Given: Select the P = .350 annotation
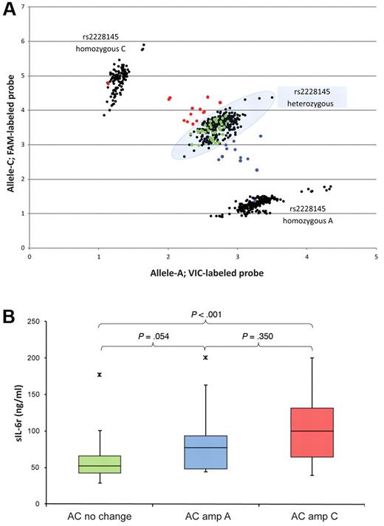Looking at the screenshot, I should pos(258,337).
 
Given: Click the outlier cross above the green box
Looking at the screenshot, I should pos(99,375).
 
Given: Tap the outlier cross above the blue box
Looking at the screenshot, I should pos(205,358).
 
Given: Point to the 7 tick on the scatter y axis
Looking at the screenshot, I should pos(23,7).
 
